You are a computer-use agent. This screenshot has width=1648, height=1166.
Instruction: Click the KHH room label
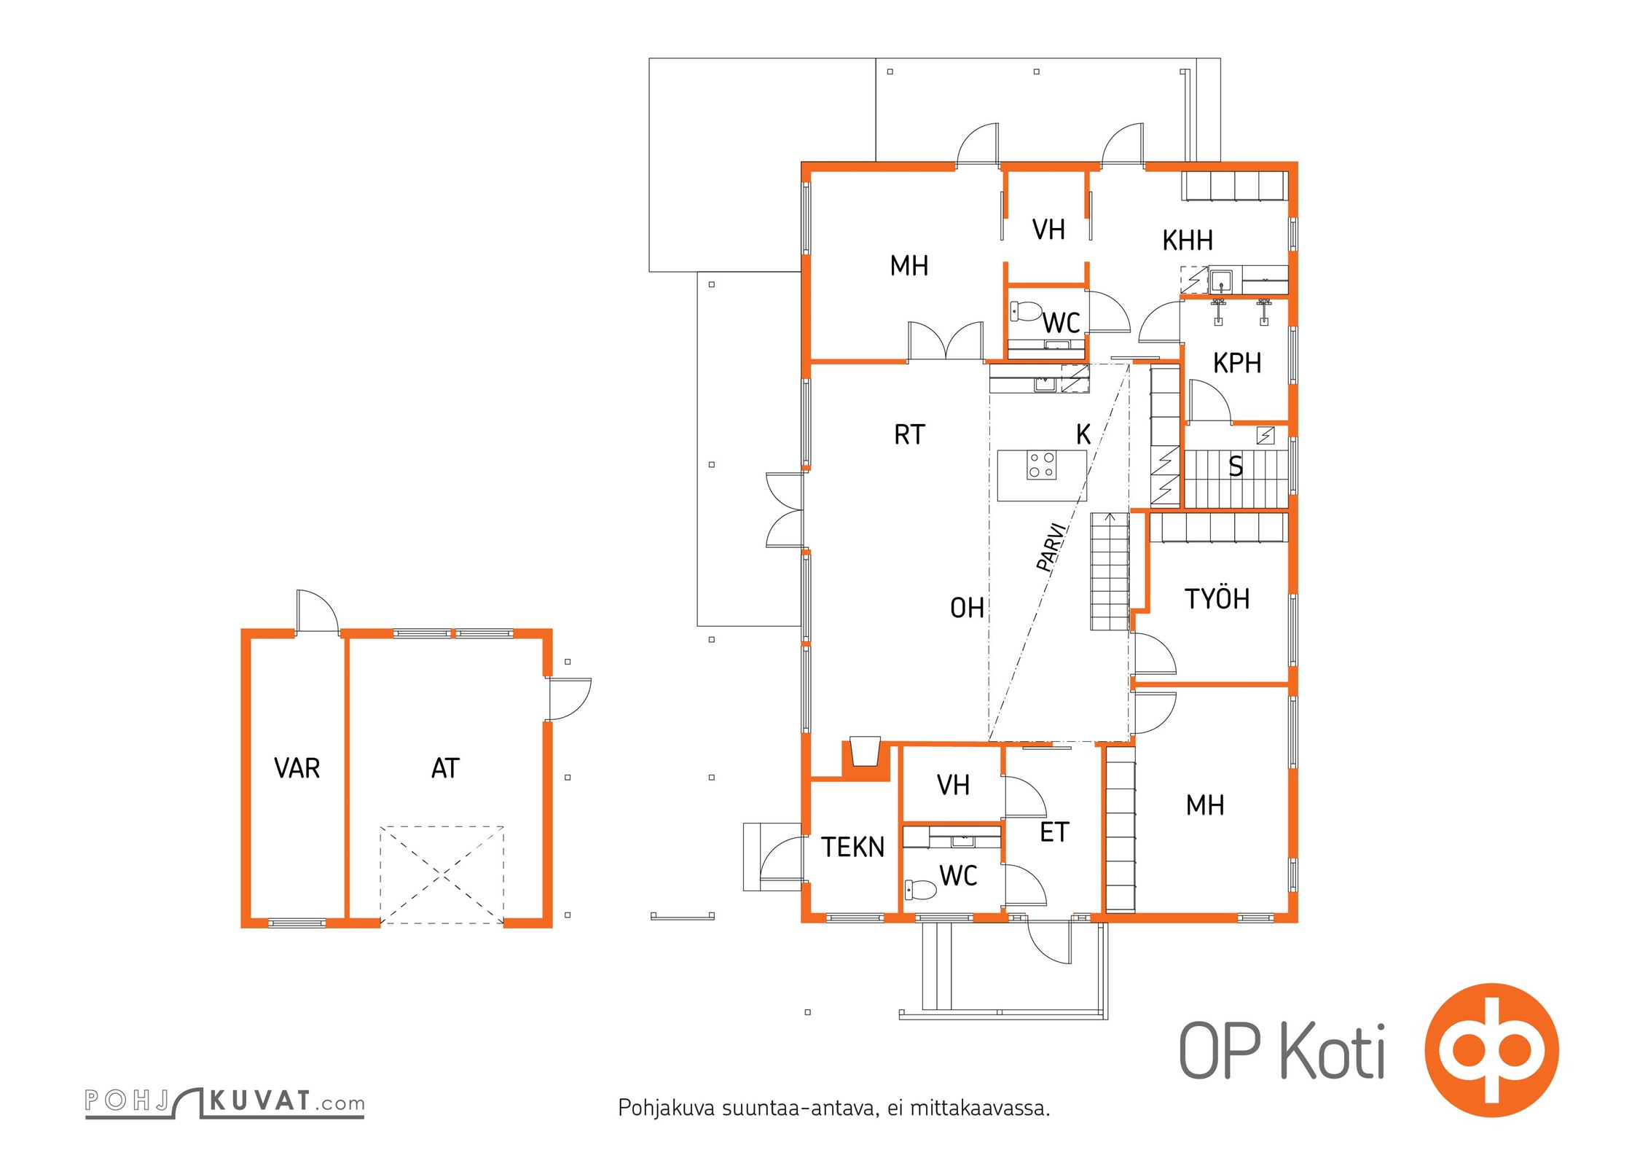(1188, 240)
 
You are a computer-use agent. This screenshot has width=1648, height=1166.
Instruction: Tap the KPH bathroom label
(1237, 363)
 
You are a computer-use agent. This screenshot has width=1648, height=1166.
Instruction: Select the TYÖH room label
(1217, 598)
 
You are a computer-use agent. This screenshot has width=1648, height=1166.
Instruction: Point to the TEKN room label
(852, 847)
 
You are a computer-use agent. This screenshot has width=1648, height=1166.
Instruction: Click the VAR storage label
(297, 768)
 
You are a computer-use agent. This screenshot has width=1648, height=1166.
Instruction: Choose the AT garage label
(445, 768)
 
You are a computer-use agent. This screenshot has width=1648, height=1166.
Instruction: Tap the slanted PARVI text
(1053, 547)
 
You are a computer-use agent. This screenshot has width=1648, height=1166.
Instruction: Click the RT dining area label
(909, 435)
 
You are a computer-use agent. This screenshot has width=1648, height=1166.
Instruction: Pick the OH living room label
(967, 608)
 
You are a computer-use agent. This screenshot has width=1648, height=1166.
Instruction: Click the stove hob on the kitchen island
(1041, 465)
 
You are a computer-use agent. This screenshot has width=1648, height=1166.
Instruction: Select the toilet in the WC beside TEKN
(920, 889)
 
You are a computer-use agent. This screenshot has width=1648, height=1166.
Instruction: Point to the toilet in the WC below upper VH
(1027, 312)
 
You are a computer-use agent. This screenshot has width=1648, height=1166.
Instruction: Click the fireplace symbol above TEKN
(866, 752)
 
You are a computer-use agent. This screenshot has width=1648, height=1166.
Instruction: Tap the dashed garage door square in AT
(442, 874)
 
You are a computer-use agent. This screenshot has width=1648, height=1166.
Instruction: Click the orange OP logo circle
(1491, 1050)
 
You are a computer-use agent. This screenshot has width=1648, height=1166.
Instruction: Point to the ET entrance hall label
(1054, 832)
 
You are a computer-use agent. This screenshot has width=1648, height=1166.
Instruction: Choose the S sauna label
(1236, 466)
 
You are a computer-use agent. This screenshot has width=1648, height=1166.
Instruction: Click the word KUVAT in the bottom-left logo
(260, 1100)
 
